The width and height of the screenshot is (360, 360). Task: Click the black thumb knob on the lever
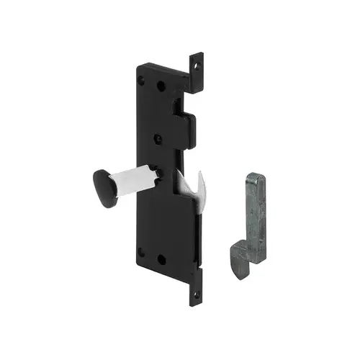point(107,189)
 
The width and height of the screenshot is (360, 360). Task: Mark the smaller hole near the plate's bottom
point(141,252)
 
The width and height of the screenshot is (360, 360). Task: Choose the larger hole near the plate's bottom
point(161,258)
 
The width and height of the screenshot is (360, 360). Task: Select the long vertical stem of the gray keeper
point(256,209)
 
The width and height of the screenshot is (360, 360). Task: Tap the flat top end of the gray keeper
point(256,176)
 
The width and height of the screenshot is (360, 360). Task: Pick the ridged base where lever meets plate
point(163,176)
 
